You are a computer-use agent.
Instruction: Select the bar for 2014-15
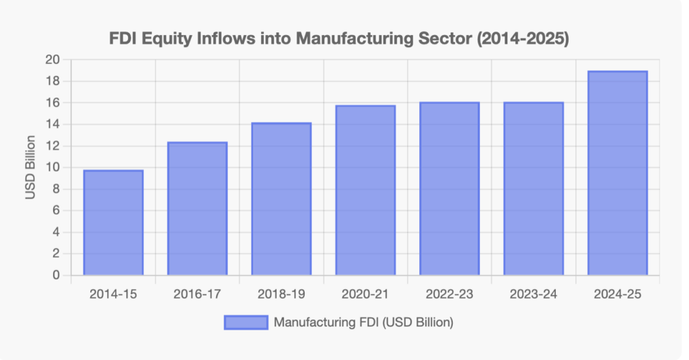coord(113,223)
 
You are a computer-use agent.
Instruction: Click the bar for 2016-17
coord(197,209)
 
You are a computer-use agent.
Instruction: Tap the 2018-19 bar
coord(281,199)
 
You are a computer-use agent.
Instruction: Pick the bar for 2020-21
coord(365,190)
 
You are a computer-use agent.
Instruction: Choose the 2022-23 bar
coord(449,189)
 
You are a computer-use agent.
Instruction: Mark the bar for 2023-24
coord(534,189)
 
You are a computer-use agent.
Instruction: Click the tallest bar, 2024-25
coord(618,173)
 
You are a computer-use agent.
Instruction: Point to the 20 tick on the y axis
coord(53,60)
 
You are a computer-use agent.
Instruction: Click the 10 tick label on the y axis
coord(53,168)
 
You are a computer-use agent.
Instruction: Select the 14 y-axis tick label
coord(53,124)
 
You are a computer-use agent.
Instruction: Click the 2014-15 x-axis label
coord(113,293)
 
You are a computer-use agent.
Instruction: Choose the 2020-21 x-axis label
coord(365,293)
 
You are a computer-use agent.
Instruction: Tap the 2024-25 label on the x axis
coord(618,293)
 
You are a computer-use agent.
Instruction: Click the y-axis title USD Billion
coord(30,168)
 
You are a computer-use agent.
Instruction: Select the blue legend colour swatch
coord(246,323)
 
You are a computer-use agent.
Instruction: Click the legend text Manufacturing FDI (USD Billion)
coord(363,323)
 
